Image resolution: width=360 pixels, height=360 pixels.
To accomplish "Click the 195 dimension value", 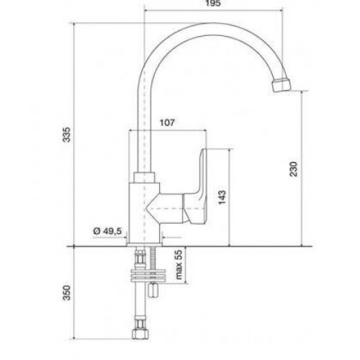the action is pyautogui.click(x=213, y=4).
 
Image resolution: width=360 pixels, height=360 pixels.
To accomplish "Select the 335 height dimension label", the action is pyautogui.click(x=67, y=135).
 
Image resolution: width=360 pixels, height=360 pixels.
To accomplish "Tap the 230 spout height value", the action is pyautogui.click(x=294, y=169).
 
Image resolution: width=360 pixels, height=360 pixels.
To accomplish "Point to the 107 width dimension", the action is pyautogui.click(x=167, y=122).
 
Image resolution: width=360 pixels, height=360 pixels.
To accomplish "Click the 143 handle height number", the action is pyautogui.click(x=222, y=197).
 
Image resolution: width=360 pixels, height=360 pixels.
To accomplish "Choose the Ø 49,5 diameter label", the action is pyautogui.click(x=107, y=231).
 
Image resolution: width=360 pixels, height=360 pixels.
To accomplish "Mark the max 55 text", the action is pyautogui.click(x=179, y=265).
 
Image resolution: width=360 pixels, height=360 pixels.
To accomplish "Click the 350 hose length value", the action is pyautogui.click(x=67, y=292).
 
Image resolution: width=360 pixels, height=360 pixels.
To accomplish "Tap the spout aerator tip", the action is pyautogui.click(x=282, y=85).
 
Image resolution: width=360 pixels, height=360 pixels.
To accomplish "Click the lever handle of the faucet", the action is pyautogui.click(x=197, y=189).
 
